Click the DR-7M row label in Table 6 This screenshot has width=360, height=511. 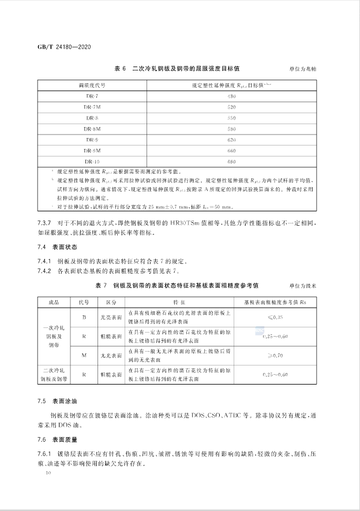pyautogui.click(x=92, y=107)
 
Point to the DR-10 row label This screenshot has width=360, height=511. pyautogui.click(x=92, y=161)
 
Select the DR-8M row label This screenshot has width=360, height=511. pyautogui.click(x=92, y=129)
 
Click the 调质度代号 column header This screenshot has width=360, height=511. pyautogui.click(x=92, y=85)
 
